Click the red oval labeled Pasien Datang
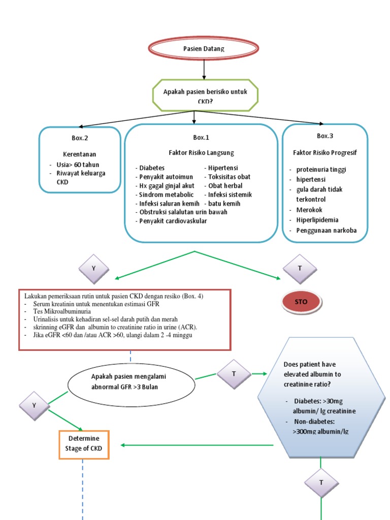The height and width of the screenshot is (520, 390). (203, 49)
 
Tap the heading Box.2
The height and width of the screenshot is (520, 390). (80, 137)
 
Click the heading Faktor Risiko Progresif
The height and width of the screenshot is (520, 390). (325, 152)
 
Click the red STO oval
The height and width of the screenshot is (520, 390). (301, 302)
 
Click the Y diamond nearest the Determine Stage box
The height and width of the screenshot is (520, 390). (34, 405)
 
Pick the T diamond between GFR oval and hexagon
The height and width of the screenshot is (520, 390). (234, 374)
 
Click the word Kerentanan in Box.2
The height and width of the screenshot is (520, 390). (80, 154)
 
